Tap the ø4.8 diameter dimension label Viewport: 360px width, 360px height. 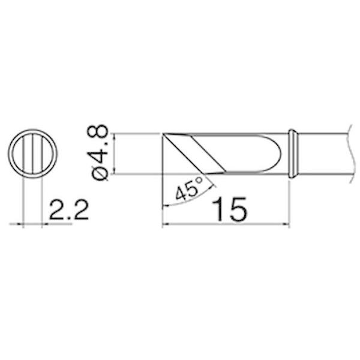(98, 151)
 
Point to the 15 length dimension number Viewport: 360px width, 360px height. (229, 210)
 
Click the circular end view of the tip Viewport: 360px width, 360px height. (33, 153)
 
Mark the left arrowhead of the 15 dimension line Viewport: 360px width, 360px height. (166, 226)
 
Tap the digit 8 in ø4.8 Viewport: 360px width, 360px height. (98, 133)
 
